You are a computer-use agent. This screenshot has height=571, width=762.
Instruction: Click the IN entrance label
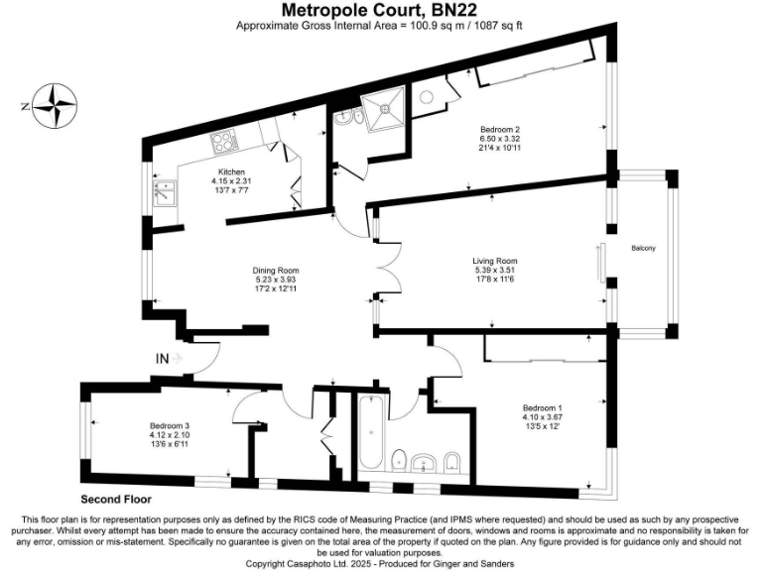pos(162,358)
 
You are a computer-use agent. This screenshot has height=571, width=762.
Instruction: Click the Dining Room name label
pos(276,271)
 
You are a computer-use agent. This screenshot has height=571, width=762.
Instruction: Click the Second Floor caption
pos(113,499)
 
